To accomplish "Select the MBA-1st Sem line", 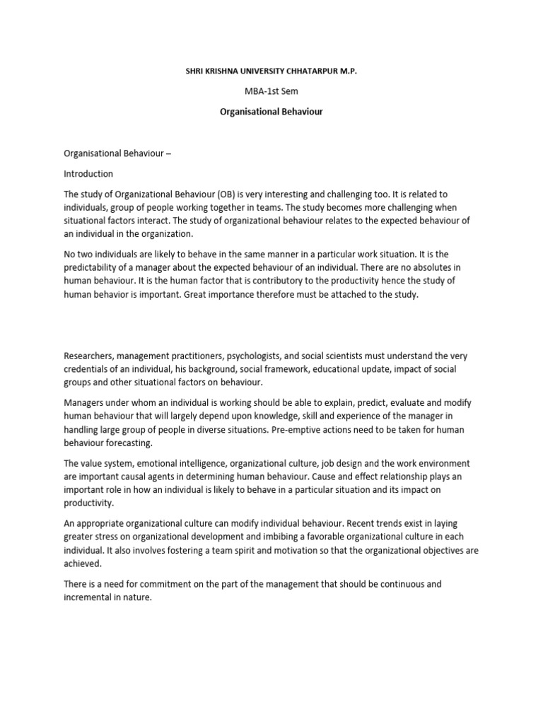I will [271, 91].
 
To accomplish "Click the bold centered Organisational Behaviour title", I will [271, 112].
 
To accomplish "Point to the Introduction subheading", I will [88, 173].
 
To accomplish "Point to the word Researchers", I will [90, 356].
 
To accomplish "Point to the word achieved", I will [83, 565].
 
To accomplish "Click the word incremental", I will [91, 599].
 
